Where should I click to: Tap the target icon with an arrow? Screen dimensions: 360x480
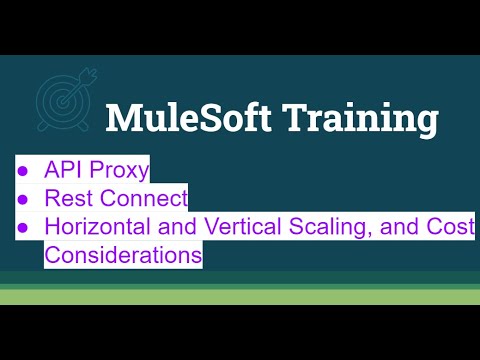coord(66,101)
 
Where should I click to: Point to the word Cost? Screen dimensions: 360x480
coord(451,227)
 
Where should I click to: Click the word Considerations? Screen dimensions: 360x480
coord(123,255)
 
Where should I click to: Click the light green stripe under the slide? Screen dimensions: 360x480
coord(240,296)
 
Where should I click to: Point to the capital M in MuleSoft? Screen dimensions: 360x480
coord(126,118)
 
